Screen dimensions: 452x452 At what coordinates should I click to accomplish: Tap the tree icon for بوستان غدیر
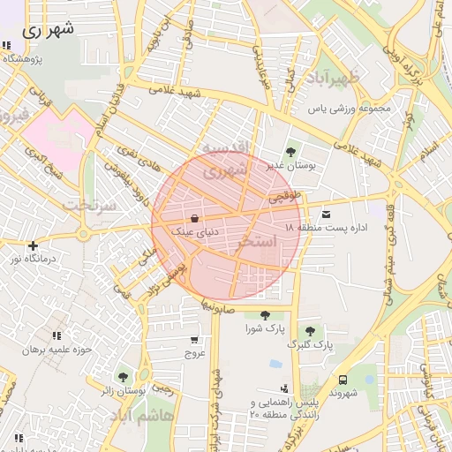pyautogui.click(x=292, y=151)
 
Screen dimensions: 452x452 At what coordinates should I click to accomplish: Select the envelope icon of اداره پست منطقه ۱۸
pyautogui.click(x=328, y=214)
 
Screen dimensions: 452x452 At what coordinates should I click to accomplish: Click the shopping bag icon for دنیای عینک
pyautogui.click(x=194, y=218)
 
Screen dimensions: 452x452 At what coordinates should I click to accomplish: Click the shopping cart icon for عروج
pyautogui.click(x=194, y=340)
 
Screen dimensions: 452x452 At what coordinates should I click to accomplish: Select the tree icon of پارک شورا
pyautogui.click(x=265, y=315)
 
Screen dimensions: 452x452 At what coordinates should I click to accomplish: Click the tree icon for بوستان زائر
pyautogui.click(x=123, y=377)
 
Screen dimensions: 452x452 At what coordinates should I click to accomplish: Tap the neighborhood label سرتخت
pyautogui.click(x=89, y=204)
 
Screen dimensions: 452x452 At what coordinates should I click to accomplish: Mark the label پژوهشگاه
pyautogui.click(x=24, y=58)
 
